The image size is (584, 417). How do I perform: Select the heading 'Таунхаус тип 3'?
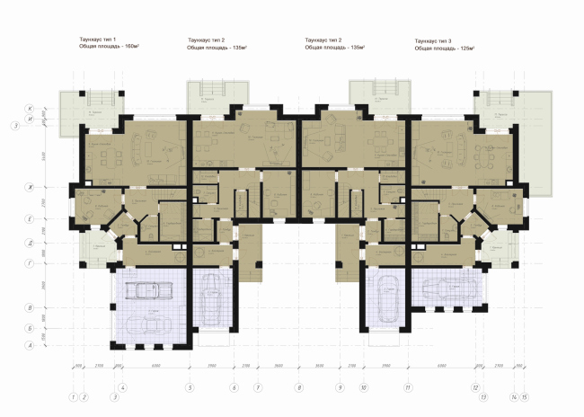coord(435,40)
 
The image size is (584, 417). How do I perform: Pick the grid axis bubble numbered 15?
coord(525,395)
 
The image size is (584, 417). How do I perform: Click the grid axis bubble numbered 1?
coord(72,395)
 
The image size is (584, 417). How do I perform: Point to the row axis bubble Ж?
coord(30,187)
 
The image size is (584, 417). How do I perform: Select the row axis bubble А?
coord(30,345)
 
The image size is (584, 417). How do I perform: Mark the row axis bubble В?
coord(30,308)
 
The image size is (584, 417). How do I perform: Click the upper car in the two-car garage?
coord(146,290)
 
